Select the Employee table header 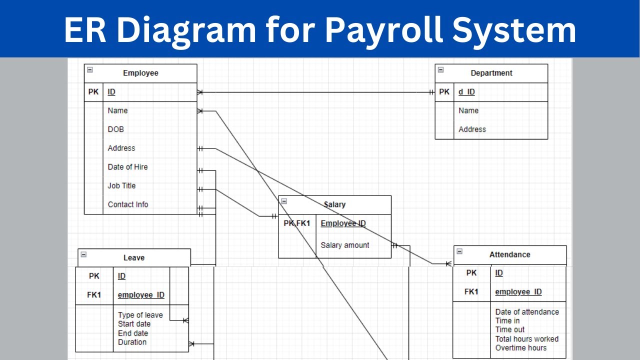point(140,73)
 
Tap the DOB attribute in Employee point(115,129)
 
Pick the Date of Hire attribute point(127,167)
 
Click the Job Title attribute point(121,185)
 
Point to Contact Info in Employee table point(128,204)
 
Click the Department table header point(491,73)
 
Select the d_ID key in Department point(466,92)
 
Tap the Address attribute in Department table point(472,129)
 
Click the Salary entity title point(334,204)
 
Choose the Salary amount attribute point(345,245)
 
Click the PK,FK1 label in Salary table point(297,223)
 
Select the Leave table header point(134,258)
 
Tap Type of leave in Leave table point(140,315)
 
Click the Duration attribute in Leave point(132,342)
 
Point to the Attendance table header point(509,254)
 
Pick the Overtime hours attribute point(520,347)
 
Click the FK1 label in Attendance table point(471,291)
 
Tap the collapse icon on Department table point(440,70)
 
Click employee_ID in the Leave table point(141,295)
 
